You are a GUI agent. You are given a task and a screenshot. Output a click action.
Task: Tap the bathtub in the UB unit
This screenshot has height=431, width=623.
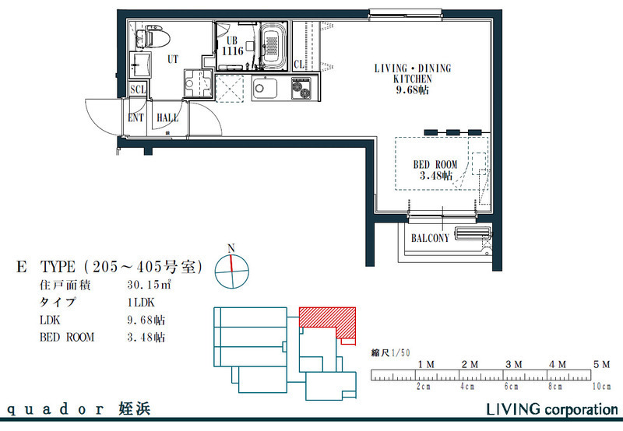point(273,46)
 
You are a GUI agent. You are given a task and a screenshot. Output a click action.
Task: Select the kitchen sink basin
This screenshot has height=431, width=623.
point(264,89)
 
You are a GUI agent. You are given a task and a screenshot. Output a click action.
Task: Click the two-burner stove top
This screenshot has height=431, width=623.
point(302,88)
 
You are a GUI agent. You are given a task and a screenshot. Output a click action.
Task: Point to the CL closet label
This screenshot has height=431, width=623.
point(299,65)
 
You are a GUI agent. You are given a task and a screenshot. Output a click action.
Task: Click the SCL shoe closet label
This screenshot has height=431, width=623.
point(138,89)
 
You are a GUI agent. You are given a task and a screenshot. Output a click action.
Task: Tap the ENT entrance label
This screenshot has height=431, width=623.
point(136,118)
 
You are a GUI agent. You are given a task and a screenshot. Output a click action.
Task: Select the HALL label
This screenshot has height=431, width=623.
point(167,118)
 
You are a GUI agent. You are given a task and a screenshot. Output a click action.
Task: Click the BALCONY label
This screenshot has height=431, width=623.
point(430,238)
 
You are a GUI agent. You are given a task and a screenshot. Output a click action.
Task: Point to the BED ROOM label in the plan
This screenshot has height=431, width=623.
point(435,164)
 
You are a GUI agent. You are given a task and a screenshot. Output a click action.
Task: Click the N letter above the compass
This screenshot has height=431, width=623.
point(231,249)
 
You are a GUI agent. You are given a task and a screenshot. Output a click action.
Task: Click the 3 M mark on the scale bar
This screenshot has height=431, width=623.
point(514,364)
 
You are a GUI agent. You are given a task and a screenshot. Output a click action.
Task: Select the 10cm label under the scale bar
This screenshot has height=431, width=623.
point(601,386)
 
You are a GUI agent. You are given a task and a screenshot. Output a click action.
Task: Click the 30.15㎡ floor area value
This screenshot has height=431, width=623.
point(150,285)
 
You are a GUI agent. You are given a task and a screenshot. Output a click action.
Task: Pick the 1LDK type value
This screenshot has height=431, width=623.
point(141,303)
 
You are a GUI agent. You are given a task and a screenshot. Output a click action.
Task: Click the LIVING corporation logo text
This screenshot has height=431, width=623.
point(552,409)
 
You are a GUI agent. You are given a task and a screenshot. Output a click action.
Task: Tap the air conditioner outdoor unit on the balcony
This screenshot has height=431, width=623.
point(472,233)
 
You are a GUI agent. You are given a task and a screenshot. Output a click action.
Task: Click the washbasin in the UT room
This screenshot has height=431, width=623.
point(140,65)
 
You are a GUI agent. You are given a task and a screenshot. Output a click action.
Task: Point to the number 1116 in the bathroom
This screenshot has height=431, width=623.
point(232,51)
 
